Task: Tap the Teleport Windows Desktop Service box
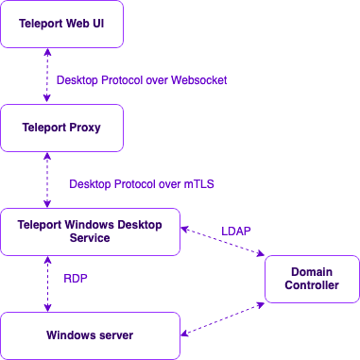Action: [90, 231]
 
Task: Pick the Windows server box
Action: [90, 335]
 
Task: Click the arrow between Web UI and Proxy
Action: [46, 77]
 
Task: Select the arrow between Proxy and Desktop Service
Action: [46, 180]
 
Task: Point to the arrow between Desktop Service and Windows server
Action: [46, 283]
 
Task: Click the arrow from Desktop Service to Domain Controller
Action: [223, 240]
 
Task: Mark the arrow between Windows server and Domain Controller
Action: [223, 317]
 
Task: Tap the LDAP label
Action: [236, 230]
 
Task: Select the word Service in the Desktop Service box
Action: [90, 238]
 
